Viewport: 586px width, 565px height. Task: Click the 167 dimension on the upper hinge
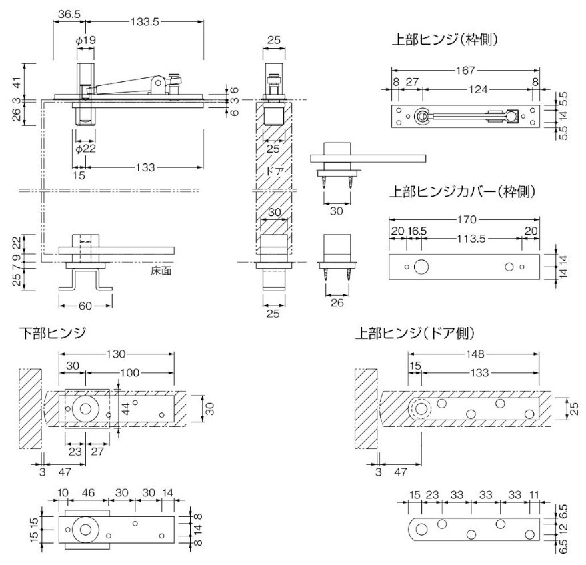(467, 69)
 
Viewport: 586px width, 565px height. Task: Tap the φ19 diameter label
(85, 40)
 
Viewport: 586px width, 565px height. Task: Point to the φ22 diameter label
(85, 149)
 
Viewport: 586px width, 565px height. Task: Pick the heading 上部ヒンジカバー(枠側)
(463, 193)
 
